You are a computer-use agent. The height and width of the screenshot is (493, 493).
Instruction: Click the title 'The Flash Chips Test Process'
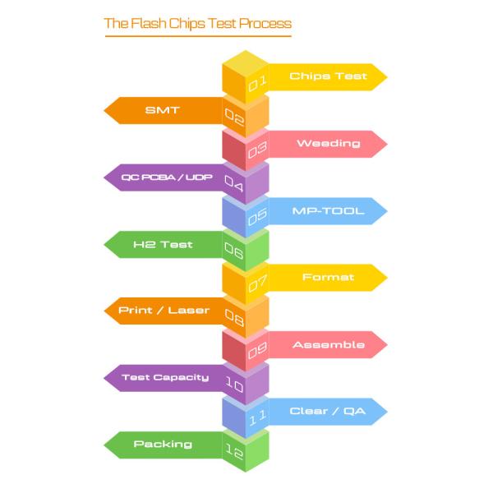click(197, 23)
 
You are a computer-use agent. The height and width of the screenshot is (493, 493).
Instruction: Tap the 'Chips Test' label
click(328, 76)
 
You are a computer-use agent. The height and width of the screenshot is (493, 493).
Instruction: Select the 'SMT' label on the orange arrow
click(162, 110)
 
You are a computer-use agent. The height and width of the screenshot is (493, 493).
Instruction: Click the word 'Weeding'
click(328, 143)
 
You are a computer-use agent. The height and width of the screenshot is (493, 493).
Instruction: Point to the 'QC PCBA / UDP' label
click(166, 177)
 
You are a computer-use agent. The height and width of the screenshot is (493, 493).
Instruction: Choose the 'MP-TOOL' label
click(328, 210)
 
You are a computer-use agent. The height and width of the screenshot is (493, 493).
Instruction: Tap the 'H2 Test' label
click(163, 244)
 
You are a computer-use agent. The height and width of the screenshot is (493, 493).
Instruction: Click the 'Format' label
click(328, 277)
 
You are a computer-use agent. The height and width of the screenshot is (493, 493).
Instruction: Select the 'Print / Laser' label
click(164, 311)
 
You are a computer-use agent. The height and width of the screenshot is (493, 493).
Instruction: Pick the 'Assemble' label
click(328, 344)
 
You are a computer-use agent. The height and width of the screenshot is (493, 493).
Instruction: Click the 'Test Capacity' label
click(165, 378)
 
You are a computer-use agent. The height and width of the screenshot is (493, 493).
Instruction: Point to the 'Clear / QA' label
click(328, 411)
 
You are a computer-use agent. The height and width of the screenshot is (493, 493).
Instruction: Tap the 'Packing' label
click(163, 445)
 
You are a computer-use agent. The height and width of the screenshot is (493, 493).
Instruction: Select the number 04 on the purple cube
click(234, 183)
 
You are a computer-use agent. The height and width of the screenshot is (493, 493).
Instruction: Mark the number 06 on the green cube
click(234, 251)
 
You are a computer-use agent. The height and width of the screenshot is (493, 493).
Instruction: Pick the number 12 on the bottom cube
click(234, 451)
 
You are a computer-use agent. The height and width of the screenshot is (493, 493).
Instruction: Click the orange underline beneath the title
click(197, 36)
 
